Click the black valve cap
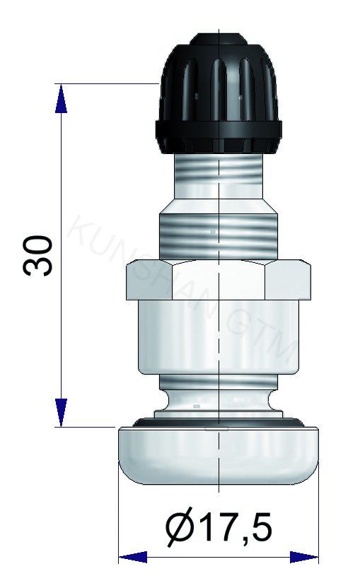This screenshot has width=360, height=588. (219, 92)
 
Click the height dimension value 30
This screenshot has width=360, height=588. (39, 255)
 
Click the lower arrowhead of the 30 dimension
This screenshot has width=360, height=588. (62, 413)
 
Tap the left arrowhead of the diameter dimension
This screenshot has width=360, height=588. (132, 558)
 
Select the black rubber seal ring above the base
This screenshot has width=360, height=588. (218, 423)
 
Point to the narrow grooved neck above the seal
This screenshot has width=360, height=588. (218, 399)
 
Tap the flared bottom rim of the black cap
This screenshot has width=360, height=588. (219, 136)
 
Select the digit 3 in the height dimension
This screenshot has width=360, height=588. (39, 266)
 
